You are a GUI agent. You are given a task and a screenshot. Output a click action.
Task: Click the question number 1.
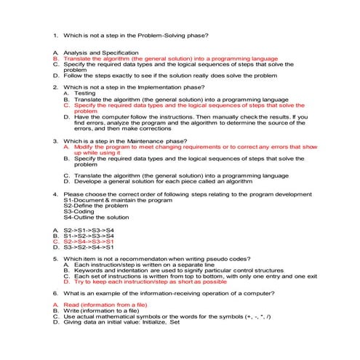coord(55,36)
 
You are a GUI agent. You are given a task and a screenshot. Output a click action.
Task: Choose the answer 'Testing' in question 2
coord(84,93)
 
